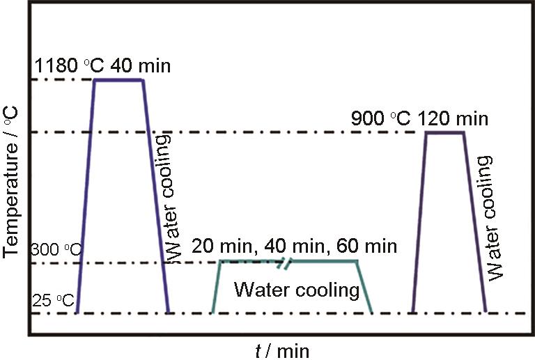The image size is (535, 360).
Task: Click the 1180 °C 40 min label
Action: coord(102,68)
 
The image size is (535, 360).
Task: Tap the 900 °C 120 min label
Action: coord(418,118)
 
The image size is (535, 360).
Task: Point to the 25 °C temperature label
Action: coord(52,301)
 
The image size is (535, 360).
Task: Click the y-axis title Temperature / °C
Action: coord(12,181)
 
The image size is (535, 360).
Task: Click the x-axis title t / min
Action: coord(281,350)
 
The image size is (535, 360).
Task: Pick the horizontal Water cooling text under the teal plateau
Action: coord(296,289)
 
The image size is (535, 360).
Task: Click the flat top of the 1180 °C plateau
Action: coord(118,80)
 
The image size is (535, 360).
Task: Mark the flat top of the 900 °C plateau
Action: coord(444,132)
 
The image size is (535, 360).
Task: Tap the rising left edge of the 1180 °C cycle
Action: coord(86,195)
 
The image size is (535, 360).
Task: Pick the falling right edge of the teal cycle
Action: coord(364,287)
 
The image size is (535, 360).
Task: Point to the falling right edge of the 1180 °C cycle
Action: coord(155,195)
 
